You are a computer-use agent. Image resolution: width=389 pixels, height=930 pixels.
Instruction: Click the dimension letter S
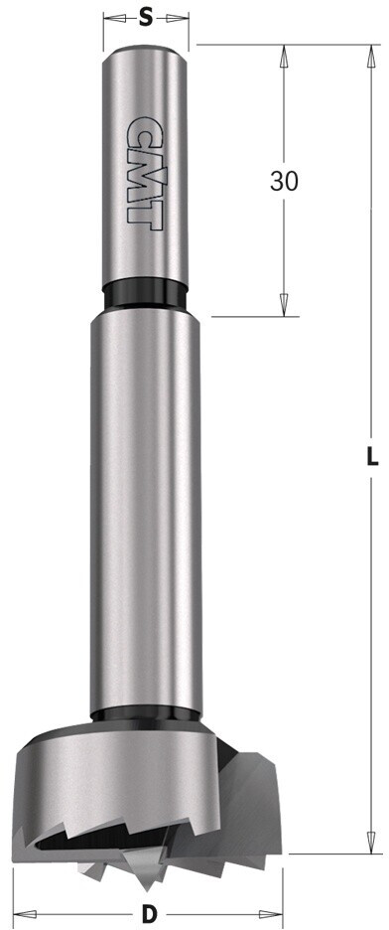pyautogui.click(x=146, y=19)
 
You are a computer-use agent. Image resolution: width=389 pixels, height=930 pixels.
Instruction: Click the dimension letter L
pyautogui.click(x=371, y=457)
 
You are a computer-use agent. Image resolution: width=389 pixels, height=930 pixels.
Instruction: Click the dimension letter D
pyautogui.click(x=150, y=914)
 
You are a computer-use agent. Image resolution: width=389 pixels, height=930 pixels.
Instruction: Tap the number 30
pyautogui.click(x=284, y=182)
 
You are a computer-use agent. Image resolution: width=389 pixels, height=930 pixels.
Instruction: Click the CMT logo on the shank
pyautogui.click(x=146, y=173)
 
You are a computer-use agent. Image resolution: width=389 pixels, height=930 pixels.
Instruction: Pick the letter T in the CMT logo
pyautogui.click(x=146, y=214)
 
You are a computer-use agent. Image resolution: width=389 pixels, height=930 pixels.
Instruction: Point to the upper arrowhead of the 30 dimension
pyautogui.click(x=283, y=57)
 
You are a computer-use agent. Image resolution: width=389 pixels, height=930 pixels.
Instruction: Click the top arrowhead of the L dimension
pyautogui.click(x=371, y=57)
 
